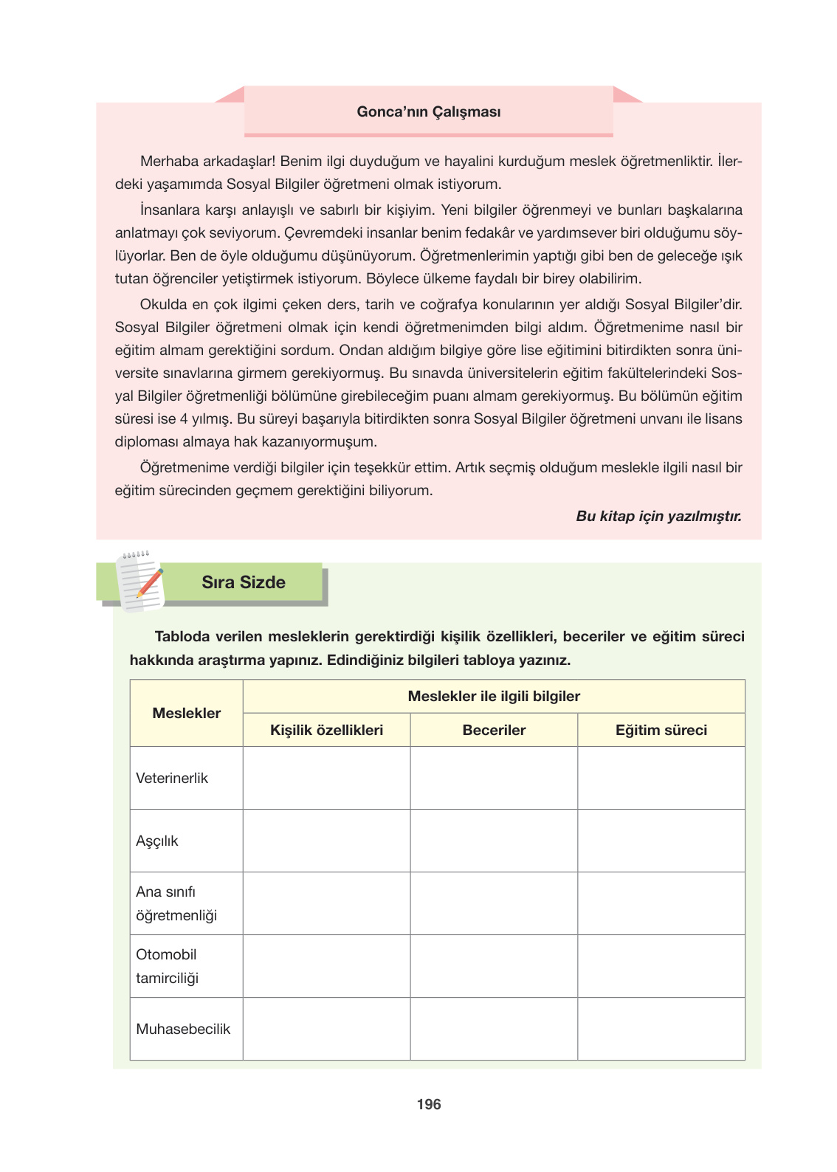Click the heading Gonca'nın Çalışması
point(428,112)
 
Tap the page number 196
point(428,1104)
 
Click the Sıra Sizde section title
point(244,582)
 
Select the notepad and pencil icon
point(140,582)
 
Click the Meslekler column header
point(186,713)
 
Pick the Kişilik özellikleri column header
point(326,730)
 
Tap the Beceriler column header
point(494,730)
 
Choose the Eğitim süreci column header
point(661,730)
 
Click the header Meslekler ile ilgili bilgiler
point(494,696)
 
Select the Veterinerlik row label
point(172,778)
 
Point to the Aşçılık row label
point(157,841)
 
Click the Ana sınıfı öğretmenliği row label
point(176,903)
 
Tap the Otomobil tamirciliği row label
point(168,966)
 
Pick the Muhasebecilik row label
point(183,1029)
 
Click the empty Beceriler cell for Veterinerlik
point(494,778)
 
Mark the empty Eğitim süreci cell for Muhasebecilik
point(661,1029)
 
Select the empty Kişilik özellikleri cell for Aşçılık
point(326,841)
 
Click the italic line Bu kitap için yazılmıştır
point(658,516)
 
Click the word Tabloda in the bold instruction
point(182,636)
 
